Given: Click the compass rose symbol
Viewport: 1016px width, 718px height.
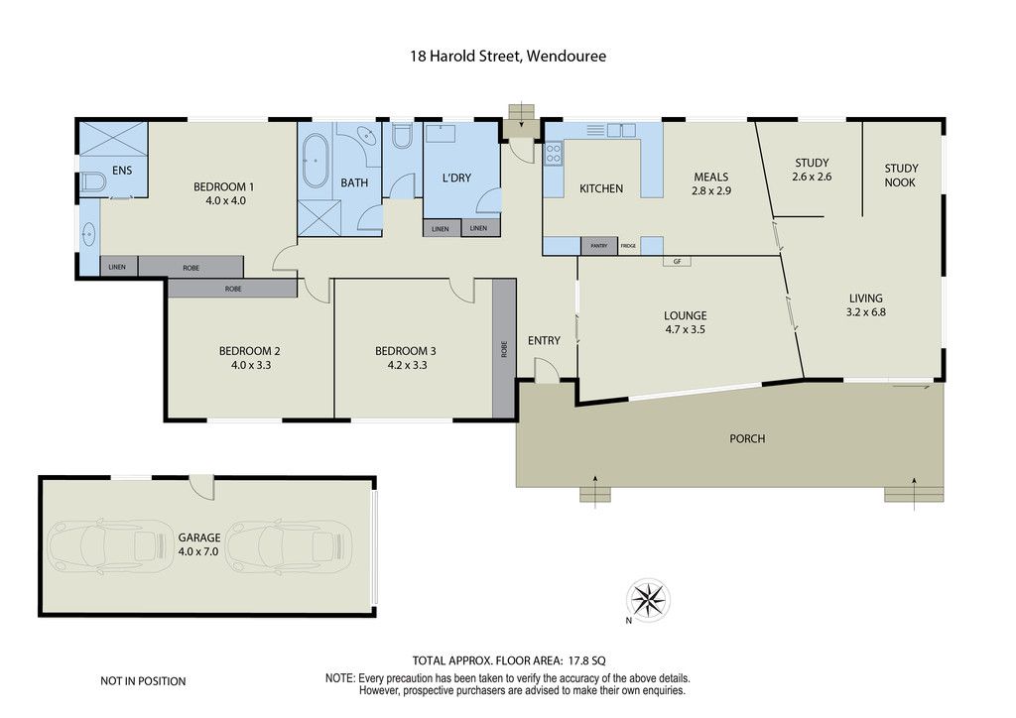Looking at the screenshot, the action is (648, 599).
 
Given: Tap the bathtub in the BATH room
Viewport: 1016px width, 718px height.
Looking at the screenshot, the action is (316, 162).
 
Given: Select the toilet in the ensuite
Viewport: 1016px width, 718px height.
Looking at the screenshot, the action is (93, 182).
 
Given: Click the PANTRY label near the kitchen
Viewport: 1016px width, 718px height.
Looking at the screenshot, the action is (598, 246).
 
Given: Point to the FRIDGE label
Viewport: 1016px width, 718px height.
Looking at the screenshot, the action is (628, 246).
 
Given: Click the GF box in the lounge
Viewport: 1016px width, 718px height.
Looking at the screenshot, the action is (677, 262).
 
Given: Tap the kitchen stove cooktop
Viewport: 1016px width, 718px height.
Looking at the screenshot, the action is (553, 154).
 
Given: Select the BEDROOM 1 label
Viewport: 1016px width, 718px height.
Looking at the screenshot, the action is (224, 187).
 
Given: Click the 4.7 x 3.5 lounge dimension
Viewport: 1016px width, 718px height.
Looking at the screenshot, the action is (685, 329).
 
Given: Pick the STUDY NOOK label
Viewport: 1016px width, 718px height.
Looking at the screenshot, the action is (901, 176).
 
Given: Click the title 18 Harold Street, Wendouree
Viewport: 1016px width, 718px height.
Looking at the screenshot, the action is (508, 57).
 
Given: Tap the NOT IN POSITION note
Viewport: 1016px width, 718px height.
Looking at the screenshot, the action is (143, 681).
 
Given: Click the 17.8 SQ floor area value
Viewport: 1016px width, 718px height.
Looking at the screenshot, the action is (587, 661).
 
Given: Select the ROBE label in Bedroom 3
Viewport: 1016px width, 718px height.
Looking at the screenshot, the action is (504, 349).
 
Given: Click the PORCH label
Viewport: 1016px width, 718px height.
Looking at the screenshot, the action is (747, 439).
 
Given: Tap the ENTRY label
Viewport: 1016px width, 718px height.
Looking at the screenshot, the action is (544, 340).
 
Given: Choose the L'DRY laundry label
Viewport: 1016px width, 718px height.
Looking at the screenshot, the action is (456, 179).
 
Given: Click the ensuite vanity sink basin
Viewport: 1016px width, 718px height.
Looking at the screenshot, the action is (88, 234).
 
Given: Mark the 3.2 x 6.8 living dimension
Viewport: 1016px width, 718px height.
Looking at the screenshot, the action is (865, 312).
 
